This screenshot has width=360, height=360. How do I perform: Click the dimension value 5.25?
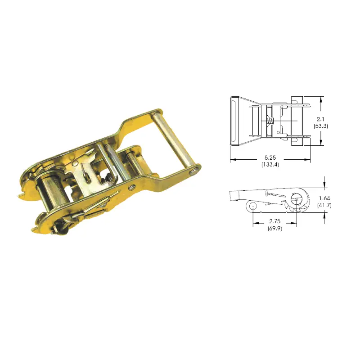270,158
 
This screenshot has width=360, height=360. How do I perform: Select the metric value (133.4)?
270,164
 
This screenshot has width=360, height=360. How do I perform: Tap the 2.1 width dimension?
320,119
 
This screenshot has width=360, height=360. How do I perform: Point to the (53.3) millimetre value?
320,126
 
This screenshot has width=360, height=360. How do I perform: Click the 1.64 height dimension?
324,198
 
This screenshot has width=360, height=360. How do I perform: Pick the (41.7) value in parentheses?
324,205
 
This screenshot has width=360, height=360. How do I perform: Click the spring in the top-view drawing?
270,121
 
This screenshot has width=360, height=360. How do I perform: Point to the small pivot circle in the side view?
252,207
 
